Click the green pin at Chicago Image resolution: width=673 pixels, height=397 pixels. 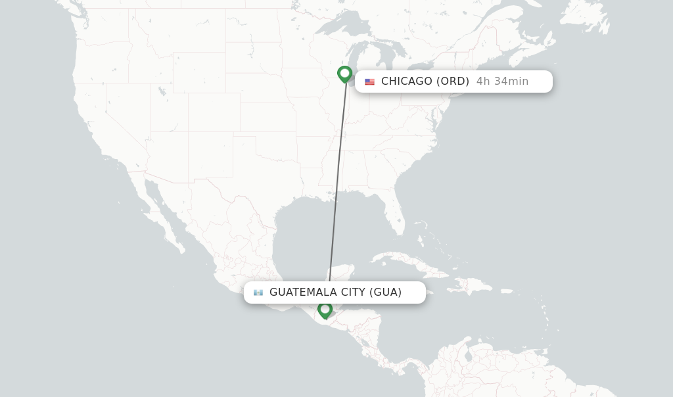click(344, 73)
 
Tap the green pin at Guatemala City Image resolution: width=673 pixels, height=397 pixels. click(325, 309)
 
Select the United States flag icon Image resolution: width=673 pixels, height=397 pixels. click(369, 82)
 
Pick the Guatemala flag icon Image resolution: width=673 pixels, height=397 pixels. click(258, 292)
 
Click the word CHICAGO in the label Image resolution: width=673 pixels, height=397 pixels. click(406, 82)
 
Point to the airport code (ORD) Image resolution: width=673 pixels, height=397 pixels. click(453, 82)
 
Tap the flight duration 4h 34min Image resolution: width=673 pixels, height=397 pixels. click(502, 82)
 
